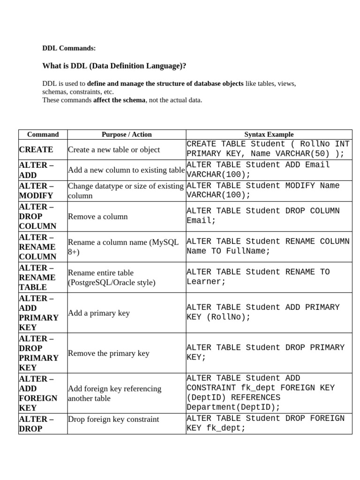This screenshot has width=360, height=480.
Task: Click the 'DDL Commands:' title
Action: (x=69, y=48)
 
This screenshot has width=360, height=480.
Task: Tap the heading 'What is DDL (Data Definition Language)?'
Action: (x=111, y=66)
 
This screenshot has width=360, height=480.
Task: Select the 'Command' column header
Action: (x=43, y=135)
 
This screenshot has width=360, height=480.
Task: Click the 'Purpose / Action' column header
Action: (x=127, y=135)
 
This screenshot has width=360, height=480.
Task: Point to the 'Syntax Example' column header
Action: (x=269, y=135)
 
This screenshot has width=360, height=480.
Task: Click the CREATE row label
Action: (x=36, y=150)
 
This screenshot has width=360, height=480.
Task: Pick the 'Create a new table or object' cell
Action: (x=114, y=150)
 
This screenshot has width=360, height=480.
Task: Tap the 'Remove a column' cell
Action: (x=98, y=217)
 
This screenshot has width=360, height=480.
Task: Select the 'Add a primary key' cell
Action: (x=99, y=313)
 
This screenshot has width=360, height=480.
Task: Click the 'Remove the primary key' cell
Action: (x=109, y=353)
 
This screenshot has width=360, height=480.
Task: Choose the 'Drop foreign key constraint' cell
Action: (x=113, y=419)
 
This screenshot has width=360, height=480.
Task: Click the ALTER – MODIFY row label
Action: (x=36, y=191)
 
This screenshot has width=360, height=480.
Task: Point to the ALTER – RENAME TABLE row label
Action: (x=37, y=277)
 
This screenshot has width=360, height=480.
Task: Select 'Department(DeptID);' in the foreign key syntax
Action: (x=233, y=407)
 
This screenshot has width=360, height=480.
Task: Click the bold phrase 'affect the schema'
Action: (x=119, y=100)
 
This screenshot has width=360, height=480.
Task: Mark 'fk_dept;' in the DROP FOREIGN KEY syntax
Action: (x=226, y=428)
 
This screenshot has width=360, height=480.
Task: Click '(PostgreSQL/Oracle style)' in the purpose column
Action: (x=112, y=283)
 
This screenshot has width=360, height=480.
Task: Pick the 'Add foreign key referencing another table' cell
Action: (x=114, y=393)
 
